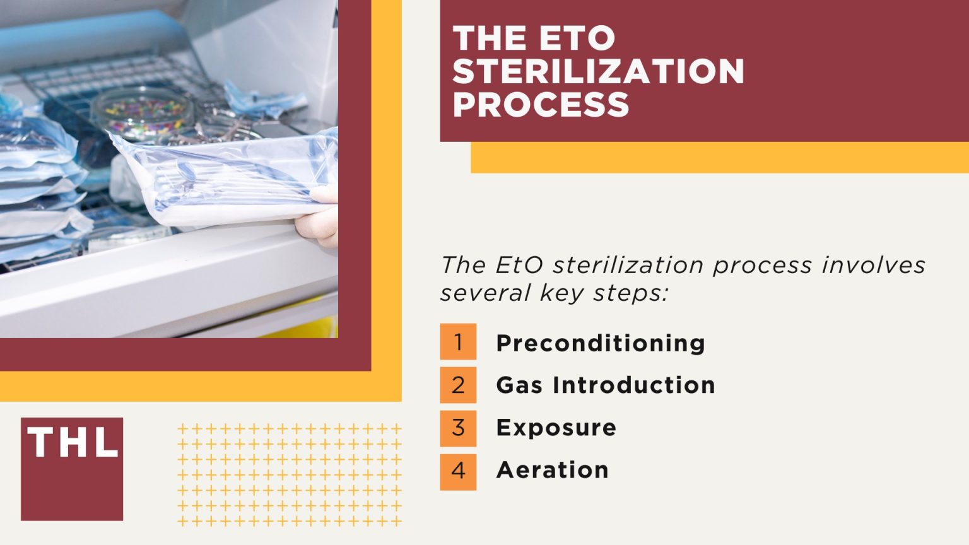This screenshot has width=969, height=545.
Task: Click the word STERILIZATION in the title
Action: (x=598, y=71)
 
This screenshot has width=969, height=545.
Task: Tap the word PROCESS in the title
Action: (x=541, y=104)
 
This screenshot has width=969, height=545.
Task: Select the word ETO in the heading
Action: (x=577, y=38)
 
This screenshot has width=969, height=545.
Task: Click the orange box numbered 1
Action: (x=458, y=342)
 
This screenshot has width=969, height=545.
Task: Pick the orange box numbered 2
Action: (x=458, y=385)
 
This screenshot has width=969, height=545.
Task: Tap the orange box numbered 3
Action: (x=458, y=428)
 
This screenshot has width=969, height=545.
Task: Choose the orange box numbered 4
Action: (x=458, y=471)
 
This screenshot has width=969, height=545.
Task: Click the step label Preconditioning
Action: (x=600, y=343)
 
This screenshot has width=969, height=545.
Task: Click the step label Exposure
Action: (x=556, y=428)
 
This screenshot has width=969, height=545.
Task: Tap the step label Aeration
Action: (x=552, y=470)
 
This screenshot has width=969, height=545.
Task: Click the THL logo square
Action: (x=72, y=469)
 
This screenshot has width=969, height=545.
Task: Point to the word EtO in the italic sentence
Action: (x=519, y=265)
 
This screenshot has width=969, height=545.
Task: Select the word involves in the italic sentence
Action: (x=873, y=265)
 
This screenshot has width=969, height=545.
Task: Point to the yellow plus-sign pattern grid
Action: (x=290, y=475)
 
